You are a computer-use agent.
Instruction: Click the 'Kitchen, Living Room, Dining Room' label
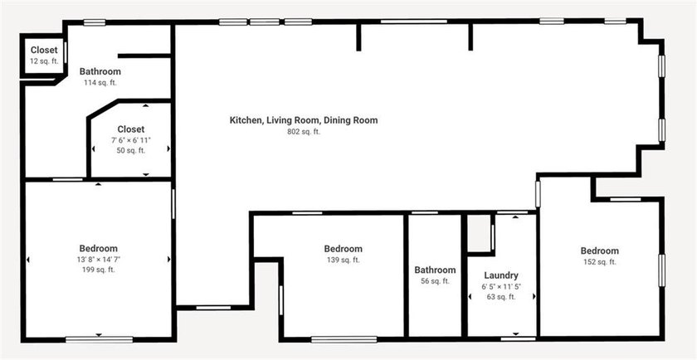click(x=304, y=120)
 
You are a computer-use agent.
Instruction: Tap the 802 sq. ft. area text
click(x=304, y=132)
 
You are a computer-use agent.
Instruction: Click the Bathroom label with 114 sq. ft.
click(x=100, y=71)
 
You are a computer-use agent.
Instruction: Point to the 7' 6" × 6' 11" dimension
click(x=131, y=140)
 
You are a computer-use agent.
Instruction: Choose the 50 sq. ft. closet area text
click(x=131, y=151)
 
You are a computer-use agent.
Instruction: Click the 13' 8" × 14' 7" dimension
click(x=98, y=259)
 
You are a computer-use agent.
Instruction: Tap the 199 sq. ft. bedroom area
click(x=98, y=270)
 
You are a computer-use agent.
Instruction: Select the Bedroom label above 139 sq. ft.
click(x=343, y=249)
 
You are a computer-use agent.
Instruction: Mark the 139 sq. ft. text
click(x=343, y=260)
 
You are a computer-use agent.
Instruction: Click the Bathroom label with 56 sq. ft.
click(x=435, y=270)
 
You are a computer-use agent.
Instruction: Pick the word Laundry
click(x=501, y=275)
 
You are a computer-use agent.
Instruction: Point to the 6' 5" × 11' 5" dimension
click(x=501, y=287)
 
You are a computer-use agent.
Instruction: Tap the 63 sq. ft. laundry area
click(x=501, y=297)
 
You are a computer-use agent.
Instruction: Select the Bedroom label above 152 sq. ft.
click(x=599, y=251)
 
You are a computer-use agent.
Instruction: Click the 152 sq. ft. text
click(x=599, y=262)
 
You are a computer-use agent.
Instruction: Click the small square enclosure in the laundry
click(x=479, y=234)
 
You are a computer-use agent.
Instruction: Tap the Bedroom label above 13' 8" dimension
click(x=98, y=248)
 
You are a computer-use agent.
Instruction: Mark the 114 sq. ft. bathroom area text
click(x=100, y=83)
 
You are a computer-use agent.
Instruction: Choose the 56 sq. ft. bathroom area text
click(x=435, y=281)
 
